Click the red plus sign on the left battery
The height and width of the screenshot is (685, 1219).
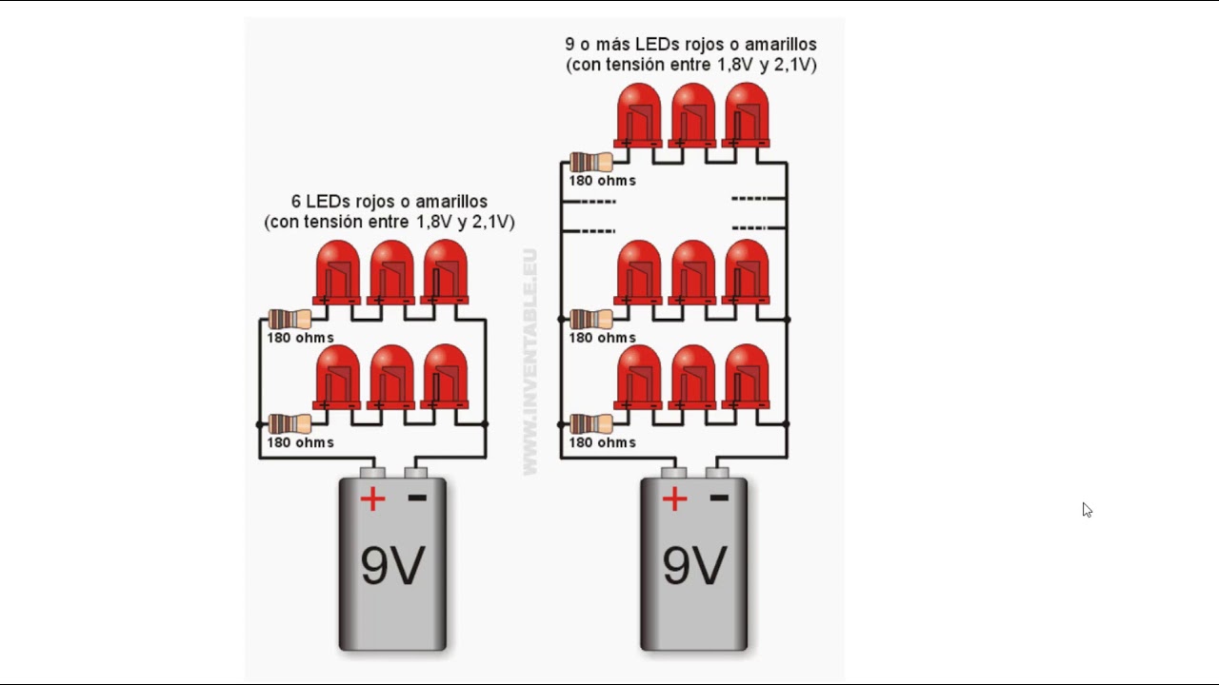(x=372, y=499)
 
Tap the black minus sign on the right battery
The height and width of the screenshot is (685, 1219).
(x=719, y=498)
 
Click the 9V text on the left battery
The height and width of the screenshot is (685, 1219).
(x=392, y=565)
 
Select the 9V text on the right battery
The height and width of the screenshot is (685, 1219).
(x=694, y=565)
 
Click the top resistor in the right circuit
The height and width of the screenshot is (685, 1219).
(x=591, y=162)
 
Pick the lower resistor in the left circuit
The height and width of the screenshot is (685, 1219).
(x=290, y=424)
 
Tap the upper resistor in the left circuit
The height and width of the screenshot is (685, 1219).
(x=290, y=319)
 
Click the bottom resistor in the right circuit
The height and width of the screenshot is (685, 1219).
(x=591, y=424)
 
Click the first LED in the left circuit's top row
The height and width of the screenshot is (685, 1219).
(x=337, y=272)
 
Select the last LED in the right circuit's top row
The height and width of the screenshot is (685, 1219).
(x=746, y=115)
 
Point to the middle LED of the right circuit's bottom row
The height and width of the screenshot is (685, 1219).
(x=692, y=378)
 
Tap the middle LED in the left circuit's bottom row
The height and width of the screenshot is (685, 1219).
(x=390, y=378)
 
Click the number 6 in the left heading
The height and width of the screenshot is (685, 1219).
(x=296, y=202)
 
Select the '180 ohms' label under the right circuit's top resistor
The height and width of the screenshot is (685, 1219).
(x=603, y=181)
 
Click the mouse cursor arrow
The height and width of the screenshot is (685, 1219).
(x=1087, y=510)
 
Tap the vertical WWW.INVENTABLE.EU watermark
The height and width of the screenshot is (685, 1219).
(x=530, y=362)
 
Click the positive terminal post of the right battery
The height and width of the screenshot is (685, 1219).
(x=673, y=473)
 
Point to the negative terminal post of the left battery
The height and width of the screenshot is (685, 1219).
(x=416, y=473)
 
